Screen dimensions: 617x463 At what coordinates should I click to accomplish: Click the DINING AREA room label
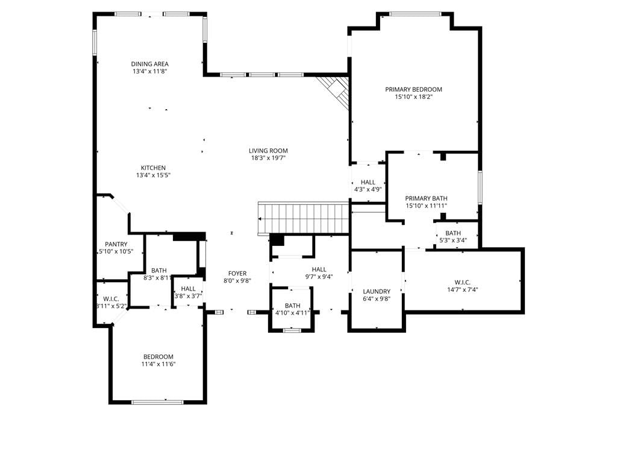(150, 64)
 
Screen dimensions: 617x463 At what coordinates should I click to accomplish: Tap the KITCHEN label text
(153, 168)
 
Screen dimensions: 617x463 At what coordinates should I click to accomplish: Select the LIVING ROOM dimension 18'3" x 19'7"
(268, 158)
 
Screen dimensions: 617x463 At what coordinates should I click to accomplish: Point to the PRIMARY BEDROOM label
(413, 89)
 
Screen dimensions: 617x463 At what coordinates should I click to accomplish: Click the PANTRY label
(116, 244)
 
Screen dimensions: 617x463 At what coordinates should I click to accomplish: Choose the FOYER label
(237, 273)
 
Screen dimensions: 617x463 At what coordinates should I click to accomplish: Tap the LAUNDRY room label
(377, 291)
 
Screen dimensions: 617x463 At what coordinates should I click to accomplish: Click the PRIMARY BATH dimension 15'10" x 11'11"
(426, 206)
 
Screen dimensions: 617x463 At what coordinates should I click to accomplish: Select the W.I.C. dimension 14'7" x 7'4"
(462, 290)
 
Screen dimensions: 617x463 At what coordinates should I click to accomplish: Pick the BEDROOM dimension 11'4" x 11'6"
(158, 364)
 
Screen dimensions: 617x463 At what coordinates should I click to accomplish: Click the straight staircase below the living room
(304, 218)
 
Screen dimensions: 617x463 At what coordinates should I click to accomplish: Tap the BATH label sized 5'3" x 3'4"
(453, 233)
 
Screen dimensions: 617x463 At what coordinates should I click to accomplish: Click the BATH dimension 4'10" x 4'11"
(292, 313)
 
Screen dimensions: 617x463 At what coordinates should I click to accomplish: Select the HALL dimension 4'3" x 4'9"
(368, 189)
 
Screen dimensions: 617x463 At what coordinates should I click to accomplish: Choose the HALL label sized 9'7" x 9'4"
(319, 269)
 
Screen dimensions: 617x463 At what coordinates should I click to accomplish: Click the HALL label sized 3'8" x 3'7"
(189, 289)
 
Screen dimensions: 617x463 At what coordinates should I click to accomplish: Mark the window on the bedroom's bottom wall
(157, 402)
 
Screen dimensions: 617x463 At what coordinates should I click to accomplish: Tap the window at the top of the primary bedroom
(415, 14)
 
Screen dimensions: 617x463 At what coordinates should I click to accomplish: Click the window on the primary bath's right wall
(480, 187)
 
